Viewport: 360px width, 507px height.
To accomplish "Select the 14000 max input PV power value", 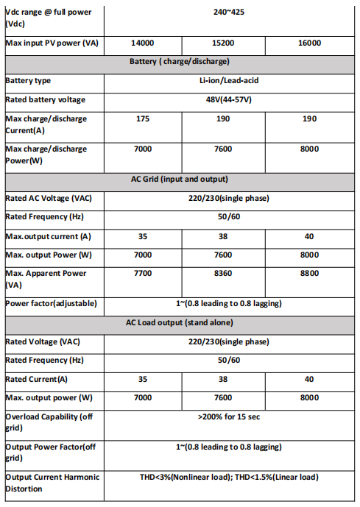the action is coord(142,43).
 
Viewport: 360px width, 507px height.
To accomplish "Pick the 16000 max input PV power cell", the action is coord(310,43).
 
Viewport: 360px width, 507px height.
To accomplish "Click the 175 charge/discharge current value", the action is coord(143,118).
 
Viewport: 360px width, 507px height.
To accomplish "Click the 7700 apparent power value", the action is coord(143,273).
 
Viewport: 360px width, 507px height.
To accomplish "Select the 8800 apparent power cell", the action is coord(310,273).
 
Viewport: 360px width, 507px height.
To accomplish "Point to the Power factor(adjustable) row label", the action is coord(51,303).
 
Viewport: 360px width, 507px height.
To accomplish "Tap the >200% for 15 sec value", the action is coord(228,416).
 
